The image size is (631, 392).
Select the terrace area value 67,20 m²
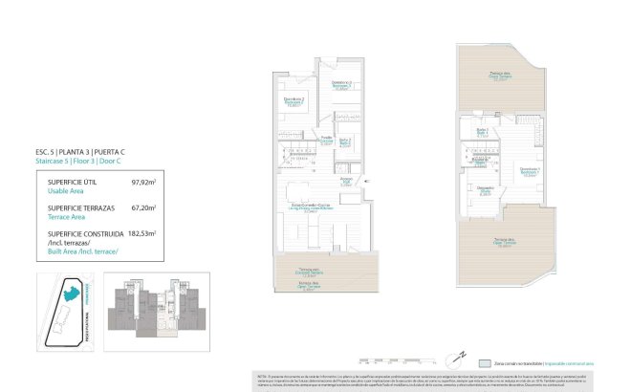tap(143, 207)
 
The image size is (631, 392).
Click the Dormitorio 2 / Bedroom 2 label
tap(294, 100)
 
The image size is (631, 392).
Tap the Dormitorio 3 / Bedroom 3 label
tap(341, 85)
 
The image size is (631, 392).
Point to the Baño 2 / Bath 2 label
tap(345, 142)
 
